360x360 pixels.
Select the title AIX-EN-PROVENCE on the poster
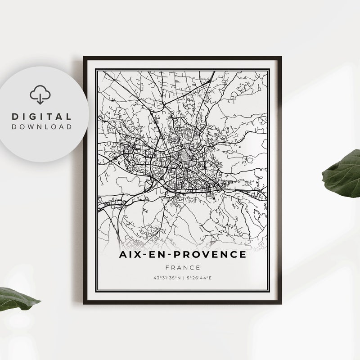(x=182, y=255)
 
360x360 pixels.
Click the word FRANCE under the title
(x=182, y=267)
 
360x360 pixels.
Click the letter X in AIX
(x=135, y=255)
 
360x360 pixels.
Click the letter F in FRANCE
(x=167, y=267)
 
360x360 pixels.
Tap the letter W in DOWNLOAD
(x=34, y=126)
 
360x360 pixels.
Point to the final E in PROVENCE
(x=243, y=255)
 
